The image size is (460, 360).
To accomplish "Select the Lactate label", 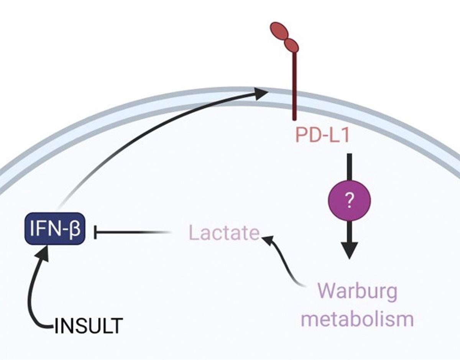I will (224, 233).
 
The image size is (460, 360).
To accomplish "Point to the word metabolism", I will (357, 319).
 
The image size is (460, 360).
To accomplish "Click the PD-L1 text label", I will (322, 136).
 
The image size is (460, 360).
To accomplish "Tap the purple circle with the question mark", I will (349, 200).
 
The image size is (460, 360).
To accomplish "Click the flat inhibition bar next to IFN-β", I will (95, 232).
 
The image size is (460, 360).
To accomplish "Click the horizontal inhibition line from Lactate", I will (130, 232).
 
